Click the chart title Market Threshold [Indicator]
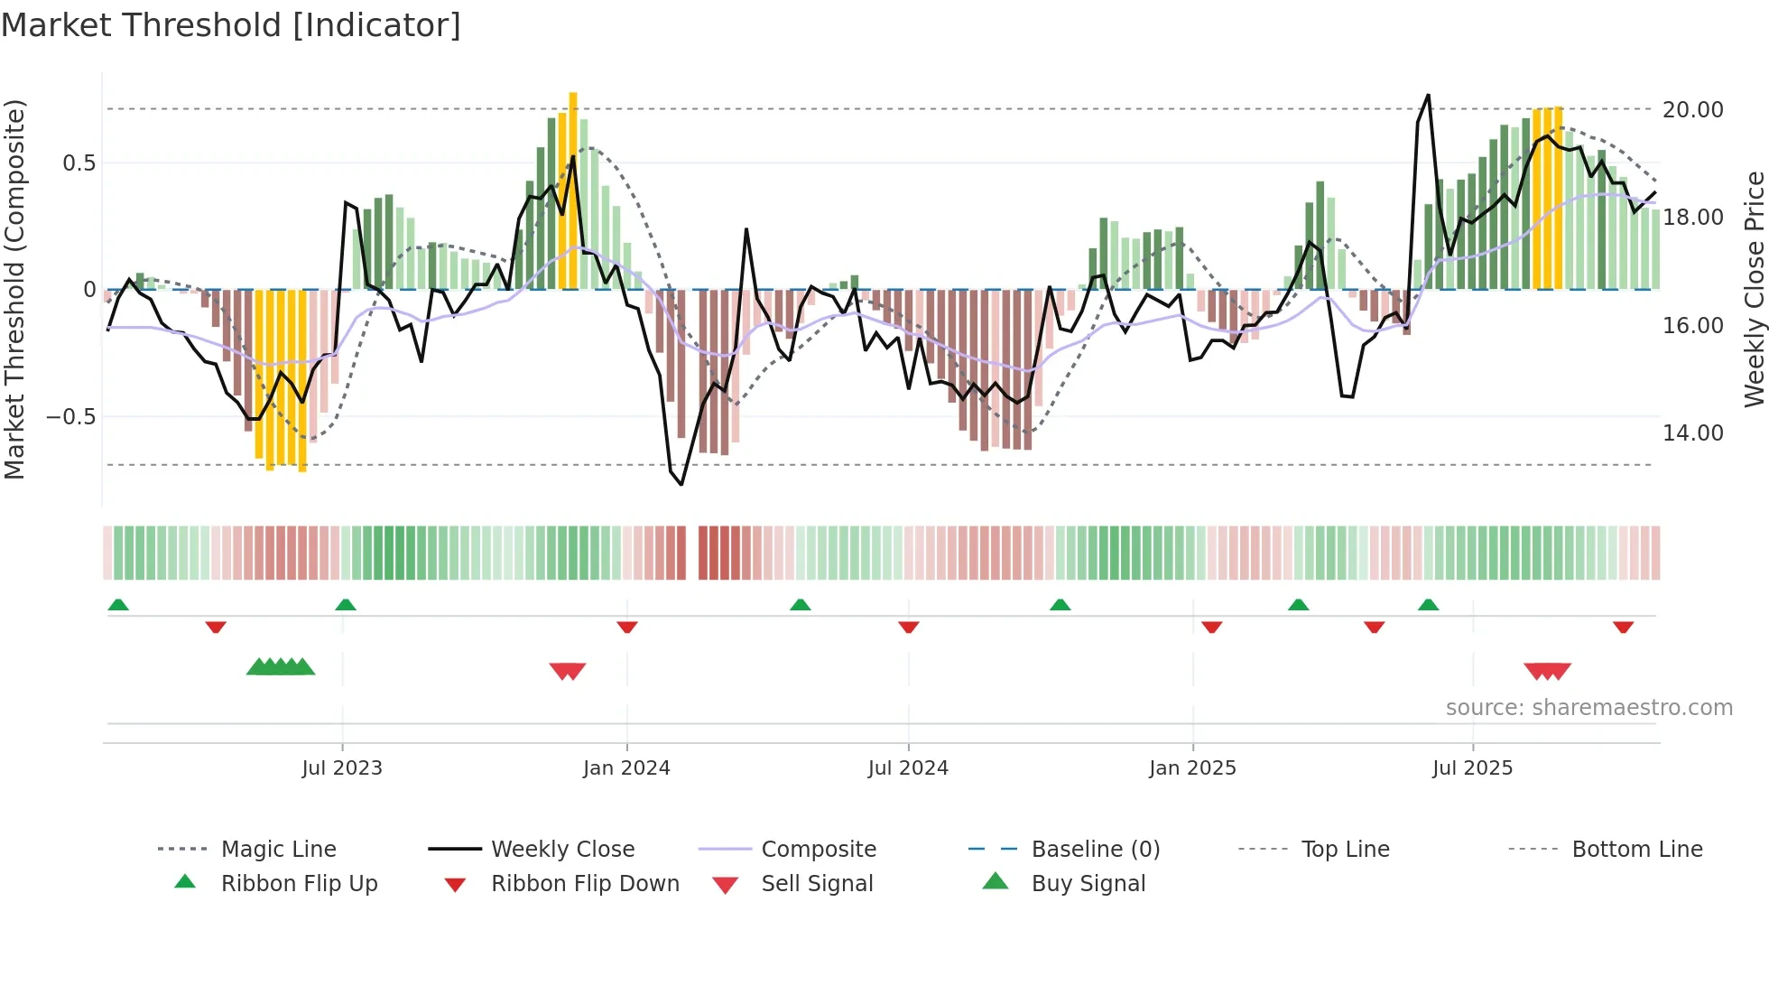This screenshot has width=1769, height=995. click(231, 25)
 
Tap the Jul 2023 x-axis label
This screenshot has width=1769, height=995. click(342, 768)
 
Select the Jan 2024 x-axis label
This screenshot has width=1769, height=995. click(626, 768)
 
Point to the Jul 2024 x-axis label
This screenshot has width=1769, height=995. click(908, 768)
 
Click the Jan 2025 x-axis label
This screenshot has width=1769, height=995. click(1192, 768)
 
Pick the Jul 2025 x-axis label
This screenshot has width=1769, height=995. click(1472, 768)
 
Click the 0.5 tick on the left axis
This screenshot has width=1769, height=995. click(79, 163)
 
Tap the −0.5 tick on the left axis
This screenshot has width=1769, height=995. click(71, 417)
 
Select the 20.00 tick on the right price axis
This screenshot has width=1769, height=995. click(1692, 110)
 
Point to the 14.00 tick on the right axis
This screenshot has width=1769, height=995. click(1692, 433)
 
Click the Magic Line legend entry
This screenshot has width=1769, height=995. click(278, 850)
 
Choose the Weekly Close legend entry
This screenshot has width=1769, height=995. click(562, 850)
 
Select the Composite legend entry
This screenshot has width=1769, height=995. click(818, 850)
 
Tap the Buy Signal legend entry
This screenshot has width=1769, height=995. click(1088, 884)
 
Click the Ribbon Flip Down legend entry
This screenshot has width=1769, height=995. click(584, 884)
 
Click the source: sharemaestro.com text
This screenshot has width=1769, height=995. click(1588, 708)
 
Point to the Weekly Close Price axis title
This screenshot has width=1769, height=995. click(1754, 289)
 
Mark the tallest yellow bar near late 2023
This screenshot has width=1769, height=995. click(573, 190)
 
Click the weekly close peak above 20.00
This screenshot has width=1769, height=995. click(1428, 96)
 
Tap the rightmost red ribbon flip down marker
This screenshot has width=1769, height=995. click(1623, 627)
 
